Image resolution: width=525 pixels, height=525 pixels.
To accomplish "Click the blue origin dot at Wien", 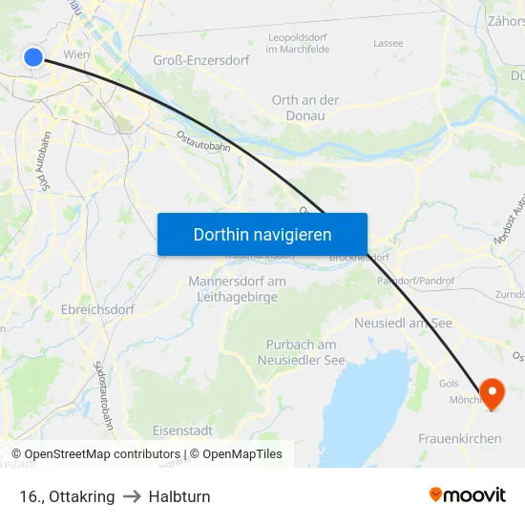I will coord(33,57).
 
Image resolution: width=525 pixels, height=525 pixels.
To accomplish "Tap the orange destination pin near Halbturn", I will coord(493,391).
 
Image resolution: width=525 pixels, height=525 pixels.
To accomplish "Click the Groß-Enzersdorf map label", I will coord(201,60).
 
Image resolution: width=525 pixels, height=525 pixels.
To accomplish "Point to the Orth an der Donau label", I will coord(305,108).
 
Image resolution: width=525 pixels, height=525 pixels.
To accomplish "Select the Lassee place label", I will coord(388,43).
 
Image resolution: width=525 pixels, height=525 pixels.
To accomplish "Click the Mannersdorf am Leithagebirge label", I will coord(237,289).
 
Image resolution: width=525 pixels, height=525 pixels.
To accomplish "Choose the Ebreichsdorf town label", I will coord(97,310).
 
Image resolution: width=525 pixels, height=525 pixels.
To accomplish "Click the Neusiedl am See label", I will coord(403,324).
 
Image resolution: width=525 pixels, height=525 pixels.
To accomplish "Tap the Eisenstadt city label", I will coord(182,430).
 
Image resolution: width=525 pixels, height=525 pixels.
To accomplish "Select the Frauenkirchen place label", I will coord(460,439).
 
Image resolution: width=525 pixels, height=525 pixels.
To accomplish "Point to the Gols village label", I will coord(448,383).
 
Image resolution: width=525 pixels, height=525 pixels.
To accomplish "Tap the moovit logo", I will coord(468,495).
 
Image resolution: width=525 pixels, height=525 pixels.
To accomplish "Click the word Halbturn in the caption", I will coord(179,497).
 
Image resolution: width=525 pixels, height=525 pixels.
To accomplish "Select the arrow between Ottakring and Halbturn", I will coord(132,497).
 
